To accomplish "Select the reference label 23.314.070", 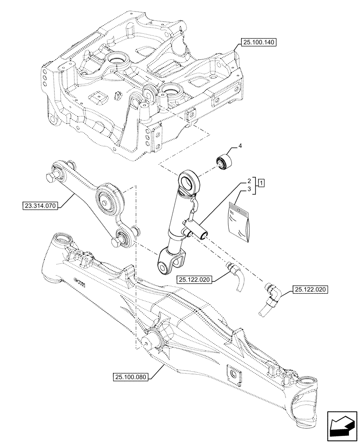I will point(39,206).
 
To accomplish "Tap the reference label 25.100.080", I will point(131,377).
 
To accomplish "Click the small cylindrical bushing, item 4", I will point(224,162).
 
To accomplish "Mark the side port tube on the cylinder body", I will point(199,231).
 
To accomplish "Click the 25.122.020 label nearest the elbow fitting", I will point(309,290).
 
